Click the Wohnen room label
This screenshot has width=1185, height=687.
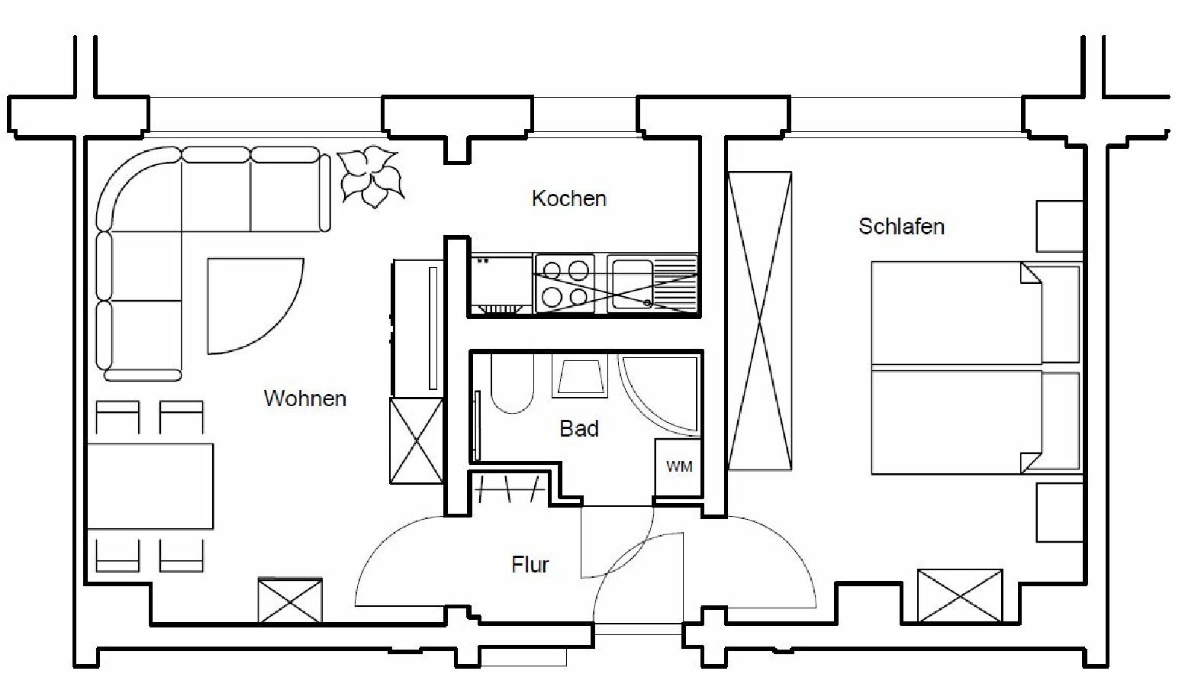point(305,398)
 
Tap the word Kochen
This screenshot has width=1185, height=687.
point(569,198)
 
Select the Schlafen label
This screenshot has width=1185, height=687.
point(901,227)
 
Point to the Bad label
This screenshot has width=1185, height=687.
point(579,429)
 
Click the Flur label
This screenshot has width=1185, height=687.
point(530,565)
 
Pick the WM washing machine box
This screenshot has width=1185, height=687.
point(679,467)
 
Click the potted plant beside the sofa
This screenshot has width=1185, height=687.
point(372,176)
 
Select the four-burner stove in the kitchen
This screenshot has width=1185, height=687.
point(565,284)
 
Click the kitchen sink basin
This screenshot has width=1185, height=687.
point(632,284)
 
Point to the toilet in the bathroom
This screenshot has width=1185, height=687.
point(512,383)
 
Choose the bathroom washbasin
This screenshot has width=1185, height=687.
point(580,376)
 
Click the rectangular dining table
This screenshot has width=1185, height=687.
point(150,486)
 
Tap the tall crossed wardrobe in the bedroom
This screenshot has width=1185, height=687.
point(760,321)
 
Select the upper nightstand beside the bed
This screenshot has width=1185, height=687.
point(1060,226)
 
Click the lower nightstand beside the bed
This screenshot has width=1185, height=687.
point(1060,512)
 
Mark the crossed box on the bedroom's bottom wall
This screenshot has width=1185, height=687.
point(960,595)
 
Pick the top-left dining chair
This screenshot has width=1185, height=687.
point(118,417)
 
